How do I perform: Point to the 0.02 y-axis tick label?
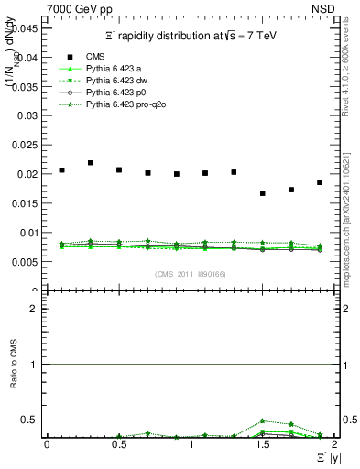click(27, 174)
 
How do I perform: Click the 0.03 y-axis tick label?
click(27, 115)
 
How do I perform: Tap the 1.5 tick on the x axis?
click(263, 444)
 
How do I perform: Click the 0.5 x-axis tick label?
click(118, 444)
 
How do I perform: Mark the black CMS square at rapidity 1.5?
click(263, 193)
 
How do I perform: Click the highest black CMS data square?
click(91, 163)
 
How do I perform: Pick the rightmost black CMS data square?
click(320, 182)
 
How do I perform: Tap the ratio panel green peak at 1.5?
click(263, 420)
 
